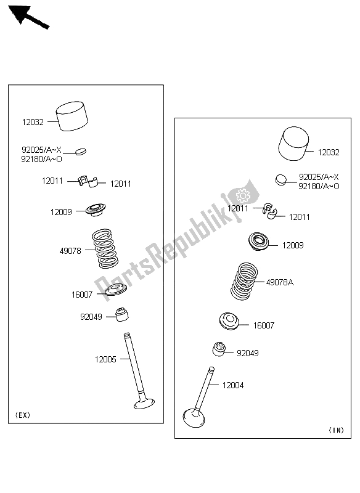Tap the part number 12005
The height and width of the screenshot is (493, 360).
[105, 359]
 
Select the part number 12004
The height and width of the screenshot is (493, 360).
[233, 385]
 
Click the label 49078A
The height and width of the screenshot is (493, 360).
[279, 282]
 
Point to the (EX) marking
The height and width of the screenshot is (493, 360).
[23, 415]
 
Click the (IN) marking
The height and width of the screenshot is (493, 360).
[336, 430]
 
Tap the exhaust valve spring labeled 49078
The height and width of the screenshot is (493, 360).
[105, 248]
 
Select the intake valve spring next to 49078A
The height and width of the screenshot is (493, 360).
[244, 281]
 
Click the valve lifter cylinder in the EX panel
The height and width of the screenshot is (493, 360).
[72, 116]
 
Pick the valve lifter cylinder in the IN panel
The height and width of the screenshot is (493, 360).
[293, 144]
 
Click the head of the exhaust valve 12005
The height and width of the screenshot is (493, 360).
[144, 404]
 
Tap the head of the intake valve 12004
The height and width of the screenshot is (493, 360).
[194, 418]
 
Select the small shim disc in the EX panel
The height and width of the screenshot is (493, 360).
[81, 152]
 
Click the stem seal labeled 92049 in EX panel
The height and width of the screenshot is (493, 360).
[122, 314]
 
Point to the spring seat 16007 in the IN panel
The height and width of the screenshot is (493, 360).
[229, 321]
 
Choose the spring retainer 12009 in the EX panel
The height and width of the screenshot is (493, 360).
[96, 210]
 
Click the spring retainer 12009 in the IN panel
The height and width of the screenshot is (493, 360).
[259, 242]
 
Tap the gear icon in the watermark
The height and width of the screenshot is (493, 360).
[243, 195]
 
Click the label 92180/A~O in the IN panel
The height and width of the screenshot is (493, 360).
[319, 186]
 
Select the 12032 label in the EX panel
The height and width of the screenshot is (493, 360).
[33, 122]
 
